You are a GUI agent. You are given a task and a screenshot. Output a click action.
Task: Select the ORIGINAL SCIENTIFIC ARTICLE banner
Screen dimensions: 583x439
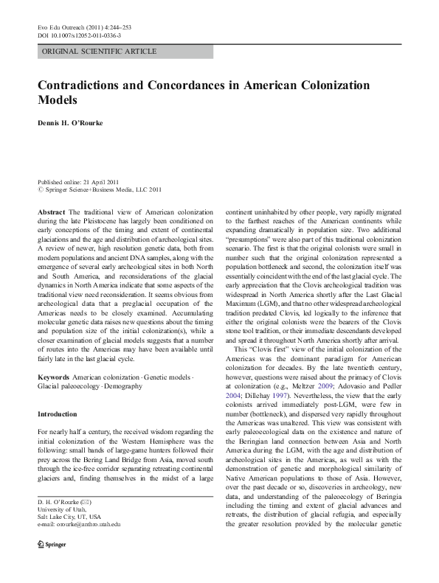pyautogui.click(x=125, y=52)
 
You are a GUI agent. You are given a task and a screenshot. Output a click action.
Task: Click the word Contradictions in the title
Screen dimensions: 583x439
pyautogui.click(x=89, y=85)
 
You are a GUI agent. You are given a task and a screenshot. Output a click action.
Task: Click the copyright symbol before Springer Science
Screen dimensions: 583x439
pyautogui.click(x=41, y=189)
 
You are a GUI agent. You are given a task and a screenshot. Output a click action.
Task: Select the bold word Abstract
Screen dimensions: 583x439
pyautogui.click(x=53, y=212)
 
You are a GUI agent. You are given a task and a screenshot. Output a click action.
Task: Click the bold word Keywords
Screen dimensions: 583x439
pyautogui.click(x=55, y=356)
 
